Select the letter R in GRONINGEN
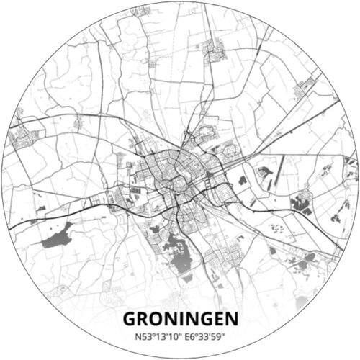[x=144, y=318]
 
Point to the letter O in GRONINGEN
[x=158, y=318]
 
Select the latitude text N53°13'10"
[x=153, y=335]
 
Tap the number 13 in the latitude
[x=154, y=335]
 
